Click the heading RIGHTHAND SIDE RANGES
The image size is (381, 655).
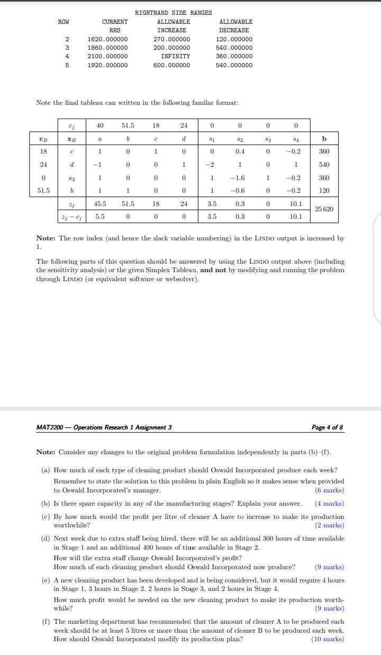coord(173,13)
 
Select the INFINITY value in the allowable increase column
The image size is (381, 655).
coord(175,56)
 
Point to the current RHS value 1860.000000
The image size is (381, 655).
coord(107,48)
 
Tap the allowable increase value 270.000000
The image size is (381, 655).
coord(171,39)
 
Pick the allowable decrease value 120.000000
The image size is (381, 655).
coord(234,39)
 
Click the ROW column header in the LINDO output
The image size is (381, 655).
coord(63,22)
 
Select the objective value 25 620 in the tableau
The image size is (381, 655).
coord(324,209)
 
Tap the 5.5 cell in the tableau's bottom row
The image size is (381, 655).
coord(99,216)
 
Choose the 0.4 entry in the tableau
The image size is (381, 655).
coord(240,151)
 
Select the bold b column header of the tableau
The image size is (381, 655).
coord(324,139)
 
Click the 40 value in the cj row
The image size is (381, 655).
coord(99,125)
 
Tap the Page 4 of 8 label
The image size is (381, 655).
coord(328,427)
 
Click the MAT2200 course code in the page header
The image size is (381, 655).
coord(50,427)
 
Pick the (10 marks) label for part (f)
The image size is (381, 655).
coord(328,639)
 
